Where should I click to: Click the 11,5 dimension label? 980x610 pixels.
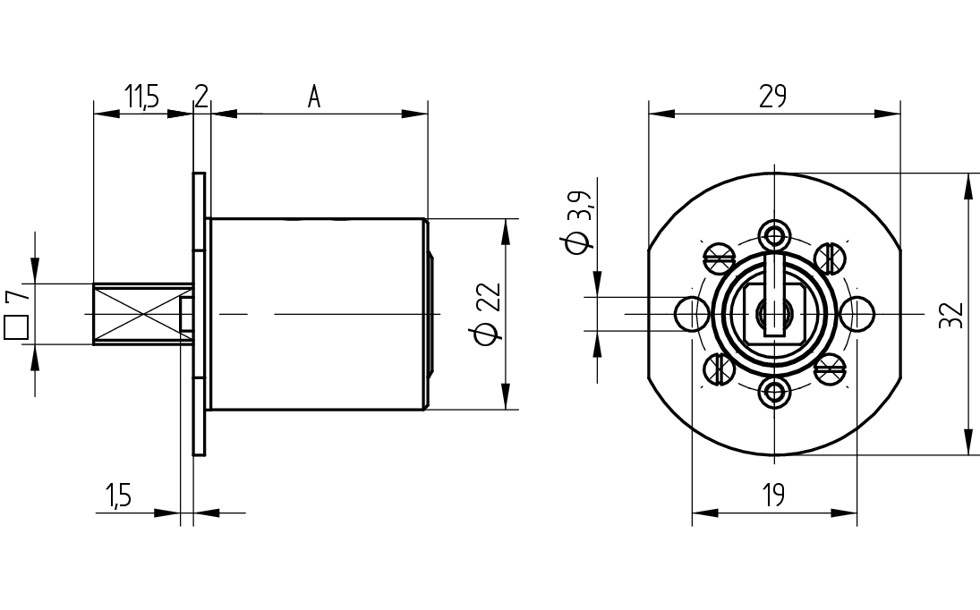[x=141, y=97]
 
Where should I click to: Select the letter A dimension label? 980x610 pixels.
[x=314, y=97]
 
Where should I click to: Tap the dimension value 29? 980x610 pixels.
[x=773, y=97]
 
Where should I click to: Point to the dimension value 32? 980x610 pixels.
[x=951, y=314]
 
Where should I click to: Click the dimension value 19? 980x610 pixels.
[x=774, y=496]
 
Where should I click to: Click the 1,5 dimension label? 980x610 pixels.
[x=118, y=496]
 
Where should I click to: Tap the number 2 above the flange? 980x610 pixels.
[x=200, y=97]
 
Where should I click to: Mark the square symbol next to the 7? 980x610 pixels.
[x=16, y=327]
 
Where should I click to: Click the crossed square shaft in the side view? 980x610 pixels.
[x=143, y=313]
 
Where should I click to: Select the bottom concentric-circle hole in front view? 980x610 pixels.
[x=774, y=392]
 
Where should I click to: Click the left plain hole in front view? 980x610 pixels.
[x=691, y=313]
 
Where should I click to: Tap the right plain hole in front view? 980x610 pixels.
[x=857, y=313]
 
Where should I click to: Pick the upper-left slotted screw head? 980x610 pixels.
[x=720, y=258]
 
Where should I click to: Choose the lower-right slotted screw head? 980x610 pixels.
[x=830, y=369]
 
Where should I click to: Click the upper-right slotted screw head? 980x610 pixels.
[x=830, y=258]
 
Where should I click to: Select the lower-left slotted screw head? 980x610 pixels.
[x=720, y=369]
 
